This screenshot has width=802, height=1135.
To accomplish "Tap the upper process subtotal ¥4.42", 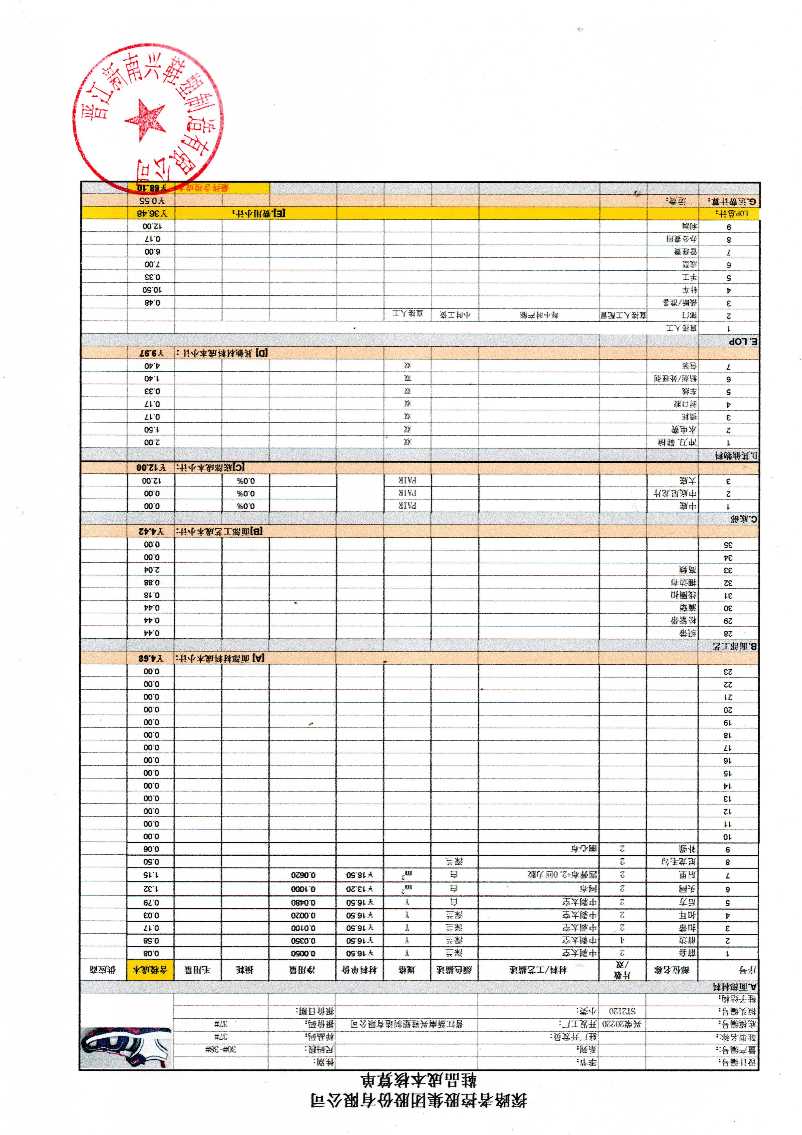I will (151, 531).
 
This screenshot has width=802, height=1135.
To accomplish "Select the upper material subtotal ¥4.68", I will (151, 659).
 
